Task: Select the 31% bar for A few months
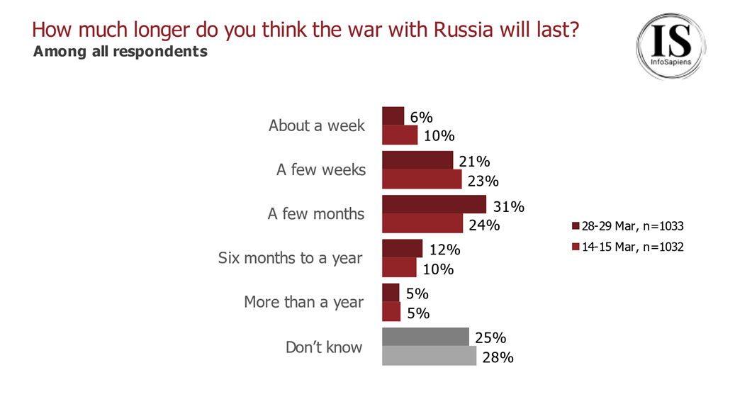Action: (434, 205)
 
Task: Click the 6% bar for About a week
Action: (393, 116)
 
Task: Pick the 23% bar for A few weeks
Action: (422, 179)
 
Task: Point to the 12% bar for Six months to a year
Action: (402, 249)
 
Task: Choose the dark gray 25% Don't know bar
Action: (425, 337)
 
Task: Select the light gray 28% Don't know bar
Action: (429, 356)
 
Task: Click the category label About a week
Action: (316, 126)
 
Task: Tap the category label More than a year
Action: (303, 302)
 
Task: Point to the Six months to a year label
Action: (290, 258)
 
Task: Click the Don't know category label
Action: (324, 347)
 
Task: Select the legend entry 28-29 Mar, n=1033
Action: (627, 226)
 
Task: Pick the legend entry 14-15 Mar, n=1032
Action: (627, 247)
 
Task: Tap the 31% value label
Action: (508, 207)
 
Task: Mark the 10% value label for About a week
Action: (438, 136)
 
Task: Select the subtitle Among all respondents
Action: (120, 52)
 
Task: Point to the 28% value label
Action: (498, 357)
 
